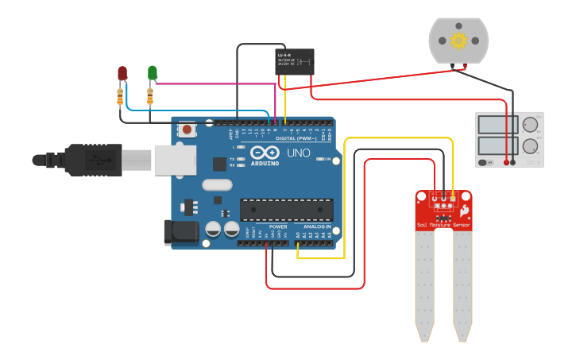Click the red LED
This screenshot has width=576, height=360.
point(122,73)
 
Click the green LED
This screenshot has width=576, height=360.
point(152,73)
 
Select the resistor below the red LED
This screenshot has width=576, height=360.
point(120,97)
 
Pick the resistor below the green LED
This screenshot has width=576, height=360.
point(150,97)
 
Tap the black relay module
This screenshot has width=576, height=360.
point(294,61)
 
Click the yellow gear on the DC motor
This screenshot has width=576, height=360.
point(458,40)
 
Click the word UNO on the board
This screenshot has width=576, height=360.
point(298,153)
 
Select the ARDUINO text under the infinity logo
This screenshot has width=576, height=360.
point(265,163)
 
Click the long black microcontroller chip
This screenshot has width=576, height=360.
point(286,209)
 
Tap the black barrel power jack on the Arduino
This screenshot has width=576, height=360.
point(180,232)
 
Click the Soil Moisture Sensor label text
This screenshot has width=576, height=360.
point(443,225)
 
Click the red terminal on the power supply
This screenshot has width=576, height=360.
point(506,162)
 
